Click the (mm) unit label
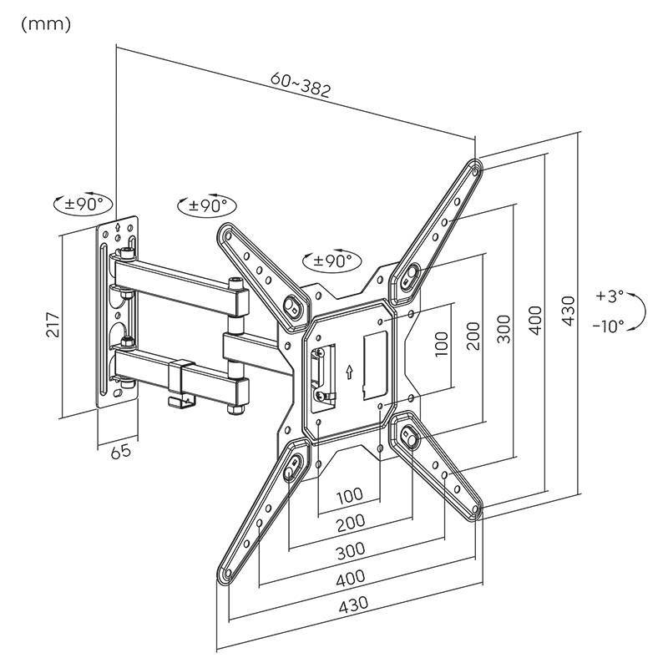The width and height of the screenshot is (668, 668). pyautogui.click(x=45, y=23)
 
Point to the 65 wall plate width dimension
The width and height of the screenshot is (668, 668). pyautogui.click(x=121, y=451)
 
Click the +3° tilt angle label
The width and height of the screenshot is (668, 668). pyautogui.click(x=610, y=296)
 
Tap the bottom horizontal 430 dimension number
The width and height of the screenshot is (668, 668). pyautogui.click(x=355, y=603)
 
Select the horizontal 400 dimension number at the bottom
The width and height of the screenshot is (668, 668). pyautogui.click(x=352, y=576)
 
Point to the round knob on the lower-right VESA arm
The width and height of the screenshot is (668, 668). pyautogui.click(x=410, y=435)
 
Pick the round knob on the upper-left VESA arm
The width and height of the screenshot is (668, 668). pyautogui.click(x=294, y=306)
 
